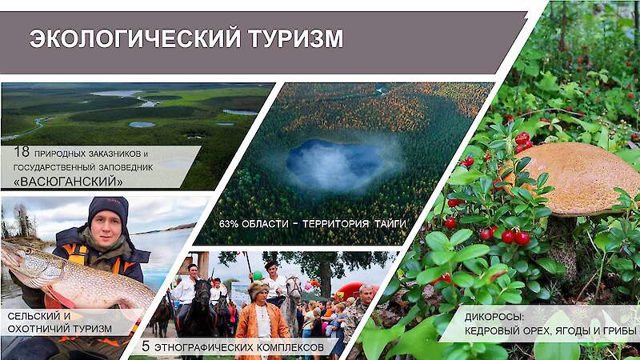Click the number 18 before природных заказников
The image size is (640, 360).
click(x=22, y=152)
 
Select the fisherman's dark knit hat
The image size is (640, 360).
click(x=108, y=209)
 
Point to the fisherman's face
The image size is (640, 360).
click(x=108, y=230)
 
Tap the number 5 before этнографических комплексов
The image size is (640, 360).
click(x=146, y=347)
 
